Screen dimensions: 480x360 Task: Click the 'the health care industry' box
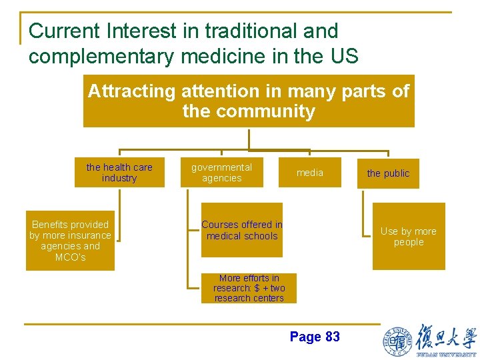click(119, 173)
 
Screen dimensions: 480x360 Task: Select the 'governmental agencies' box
click(222, 173)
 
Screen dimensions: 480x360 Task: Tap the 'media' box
click(309, 173)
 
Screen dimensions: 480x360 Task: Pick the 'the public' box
click(388, 173)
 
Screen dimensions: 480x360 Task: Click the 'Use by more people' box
click(408, 237)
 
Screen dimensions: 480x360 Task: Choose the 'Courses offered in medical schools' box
click(242, 230)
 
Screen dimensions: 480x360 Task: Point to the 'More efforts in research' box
click(249, 288)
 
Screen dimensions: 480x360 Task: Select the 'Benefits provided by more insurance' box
click(70, 241)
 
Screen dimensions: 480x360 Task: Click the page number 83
click(332, 337)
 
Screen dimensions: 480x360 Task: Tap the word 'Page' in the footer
click(305, 337)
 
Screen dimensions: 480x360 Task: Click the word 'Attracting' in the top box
click(131, 91)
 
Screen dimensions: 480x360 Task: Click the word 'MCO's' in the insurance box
click(70, 257)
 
